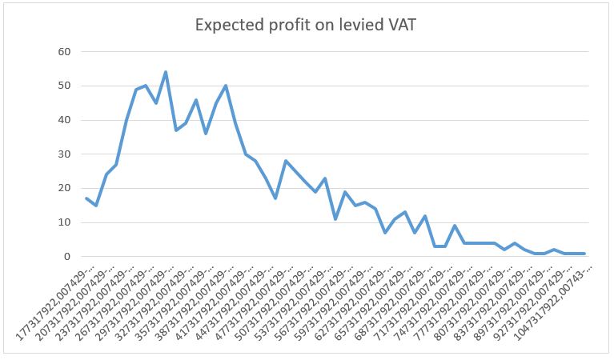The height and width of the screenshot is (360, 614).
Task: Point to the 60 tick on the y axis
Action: [64, 52]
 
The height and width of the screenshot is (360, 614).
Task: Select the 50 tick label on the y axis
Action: [64, 86]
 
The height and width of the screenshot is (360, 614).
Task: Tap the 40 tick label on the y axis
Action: [64, 120]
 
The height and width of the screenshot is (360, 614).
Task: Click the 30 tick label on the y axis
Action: [64, 154]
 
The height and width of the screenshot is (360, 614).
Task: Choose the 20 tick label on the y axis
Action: [64, 189]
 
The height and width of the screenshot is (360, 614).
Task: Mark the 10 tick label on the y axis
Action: [64, 223]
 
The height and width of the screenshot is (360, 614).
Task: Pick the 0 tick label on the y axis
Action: [67, 257]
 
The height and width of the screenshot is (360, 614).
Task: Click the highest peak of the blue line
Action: [166, 72]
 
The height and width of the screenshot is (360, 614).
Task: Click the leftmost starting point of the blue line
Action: [86, 198]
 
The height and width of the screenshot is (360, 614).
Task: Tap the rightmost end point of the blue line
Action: [584, 254]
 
